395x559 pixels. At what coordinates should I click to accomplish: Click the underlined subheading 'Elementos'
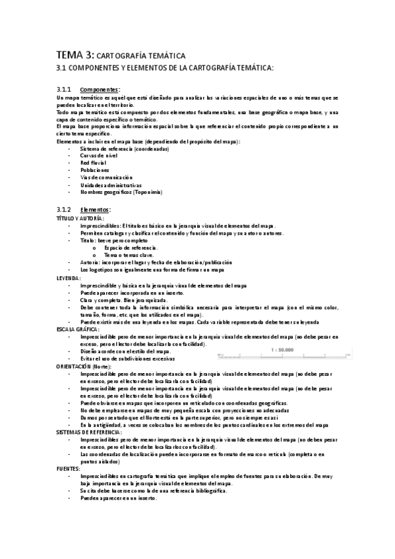[96, 210]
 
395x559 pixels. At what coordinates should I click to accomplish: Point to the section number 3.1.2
[64, 210]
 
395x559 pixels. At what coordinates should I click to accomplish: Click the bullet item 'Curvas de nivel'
[98, 156]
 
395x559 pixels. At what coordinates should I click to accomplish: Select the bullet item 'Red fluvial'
[93, 163]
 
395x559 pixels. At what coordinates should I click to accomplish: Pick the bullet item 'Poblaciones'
[94, 170]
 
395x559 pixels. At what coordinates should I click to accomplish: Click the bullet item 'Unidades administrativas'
[110, 185]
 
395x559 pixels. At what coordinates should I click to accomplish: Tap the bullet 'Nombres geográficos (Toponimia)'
[121, 192]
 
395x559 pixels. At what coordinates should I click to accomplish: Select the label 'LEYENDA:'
[68, 278]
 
